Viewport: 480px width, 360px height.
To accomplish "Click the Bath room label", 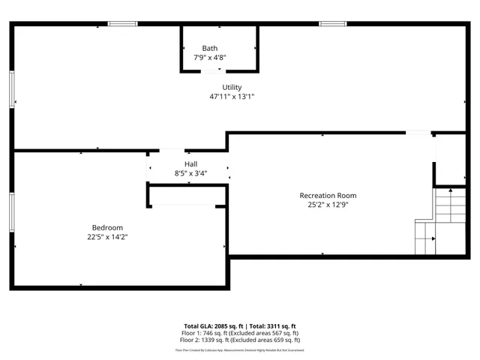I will coord(209,49).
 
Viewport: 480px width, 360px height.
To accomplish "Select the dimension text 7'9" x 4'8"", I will coord(209,58).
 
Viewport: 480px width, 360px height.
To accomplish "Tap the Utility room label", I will coord(232,88).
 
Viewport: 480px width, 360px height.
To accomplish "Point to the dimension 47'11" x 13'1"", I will coord(232,97).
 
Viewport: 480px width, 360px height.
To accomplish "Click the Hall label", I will coord(191,164).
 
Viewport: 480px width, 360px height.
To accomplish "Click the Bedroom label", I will coord(107,228).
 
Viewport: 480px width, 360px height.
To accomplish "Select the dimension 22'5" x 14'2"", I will coord(107,237).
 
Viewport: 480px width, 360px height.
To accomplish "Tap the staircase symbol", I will coord(435,222).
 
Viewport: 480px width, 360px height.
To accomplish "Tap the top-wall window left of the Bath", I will coord(122,24).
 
